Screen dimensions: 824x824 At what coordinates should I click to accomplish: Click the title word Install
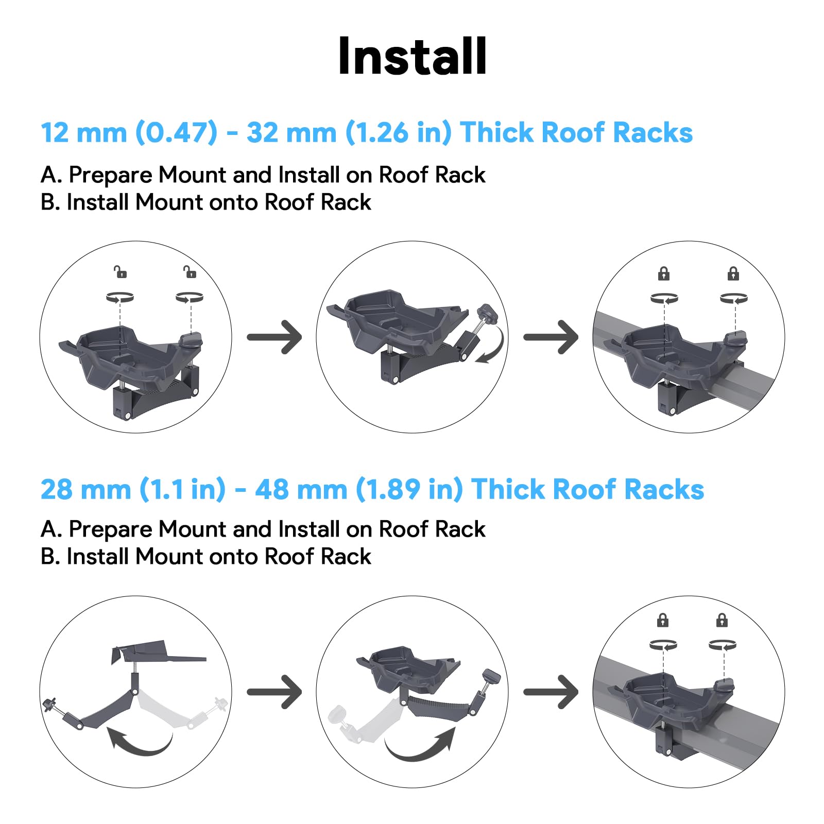point(412,57)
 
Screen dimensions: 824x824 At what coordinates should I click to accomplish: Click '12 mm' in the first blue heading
point(83,133)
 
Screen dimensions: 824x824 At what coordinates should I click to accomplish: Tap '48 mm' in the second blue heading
point(301,489)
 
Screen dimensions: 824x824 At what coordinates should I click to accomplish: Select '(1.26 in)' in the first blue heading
point(398,133)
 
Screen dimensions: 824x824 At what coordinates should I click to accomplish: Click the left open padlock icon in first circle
point(121,271)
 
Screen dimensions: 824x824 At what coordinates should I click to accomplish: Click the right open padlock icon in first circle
point(190,271)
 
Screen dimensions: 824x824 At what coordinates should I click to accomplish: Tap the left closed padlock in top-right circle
point(664,273)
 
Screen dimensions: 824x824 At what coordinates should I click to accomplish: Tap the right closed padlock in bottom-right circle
point(722,620)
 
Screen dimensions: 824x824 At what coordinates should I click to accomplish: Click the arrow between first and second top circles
point(274,337)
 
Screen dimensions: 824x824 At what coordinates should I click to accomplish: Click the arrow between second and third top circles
point(551,337)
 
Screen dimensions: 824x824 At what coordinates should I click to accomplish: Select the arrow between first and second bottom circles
point(274,692)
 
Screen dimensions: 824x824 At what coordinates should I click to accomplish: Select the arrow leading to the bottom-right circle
point(551,692)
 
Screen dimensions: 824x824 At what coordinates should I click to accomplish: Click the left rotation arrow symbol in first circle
point(120,298)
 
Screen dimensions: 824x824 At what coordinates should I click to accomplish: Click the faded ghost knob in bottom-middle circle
point(340,714)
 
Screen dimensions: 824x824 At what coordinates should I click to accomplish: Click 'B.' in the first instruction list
point(50,202)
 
